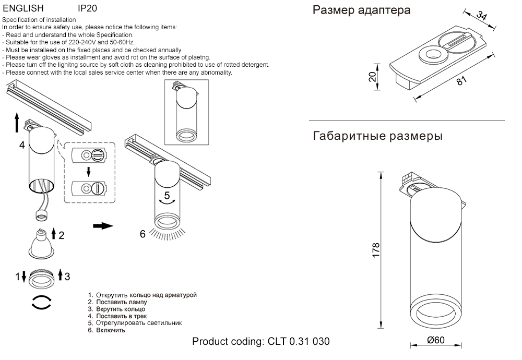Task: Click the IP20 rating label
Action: (87, 9)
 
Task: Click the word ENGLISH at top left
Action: (23, 9)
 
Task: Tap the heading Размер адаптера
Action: (361, 10)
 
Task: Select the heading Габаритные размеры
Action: (378, 137)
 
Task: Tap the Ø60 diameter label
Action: (435, 340)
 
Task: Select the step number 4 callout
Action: (22, 145)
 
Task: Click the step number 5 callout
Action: (167, 196)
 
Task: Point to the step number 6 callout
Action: (143, 234)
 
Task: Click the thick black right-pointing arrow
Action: (103, 226)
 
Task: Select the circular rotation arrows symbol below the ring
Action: (41, 303)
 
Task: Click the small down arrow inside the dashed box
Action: (89, 171)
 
